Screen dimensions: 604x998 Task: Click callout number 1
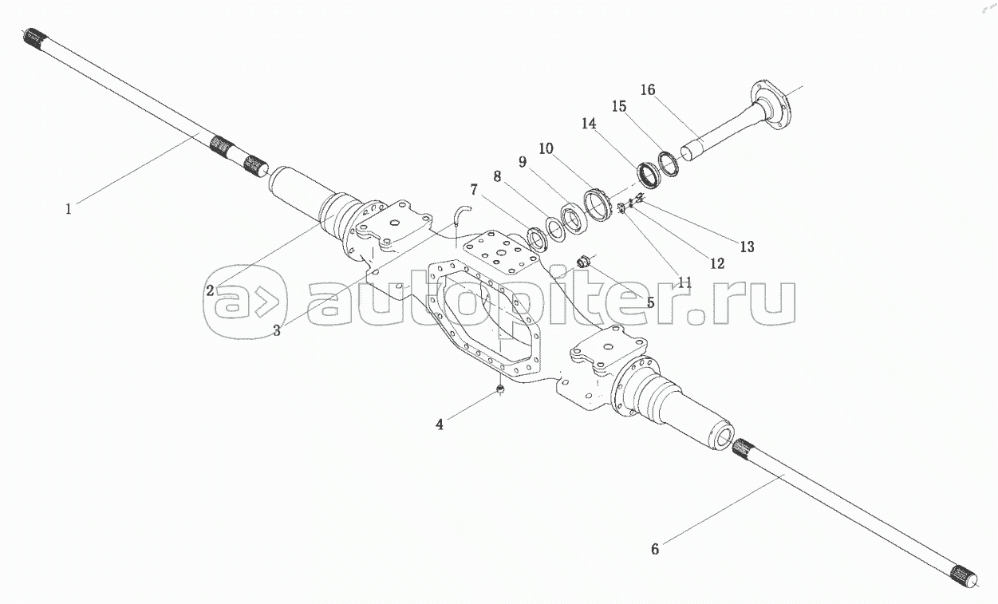click(x=69, y=209)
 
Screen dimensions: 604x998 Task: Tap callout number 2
click(x=210, y=291)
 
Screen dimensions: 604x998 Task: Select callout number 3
click(x=277, y=330)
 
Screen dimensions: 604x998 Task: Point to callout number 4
click(x=439, y=424)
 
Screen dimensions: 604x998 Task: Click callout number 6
click(x=655, y=549)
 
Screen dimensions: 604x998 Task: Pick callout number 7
click(x=474, y=190)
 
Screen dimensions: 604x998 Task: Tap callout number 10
click(x=546, y=149)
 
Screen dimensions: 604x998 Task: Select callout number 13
click(x=747, y=247)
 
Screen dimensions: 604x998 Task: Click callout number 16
click(x=648, y=90)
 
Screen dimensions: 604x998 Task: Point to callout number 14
click(x=589, y=124)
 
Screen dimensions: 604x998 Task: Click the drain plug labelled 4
click(x=500, y=389)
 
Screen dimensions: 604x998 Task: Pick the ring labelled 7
click(x=538, y=239)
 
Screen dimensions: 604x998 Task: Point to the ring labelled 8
click(x=556, y=227)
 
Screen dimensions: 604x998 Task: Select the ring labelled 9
click(x=573, y=216)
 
